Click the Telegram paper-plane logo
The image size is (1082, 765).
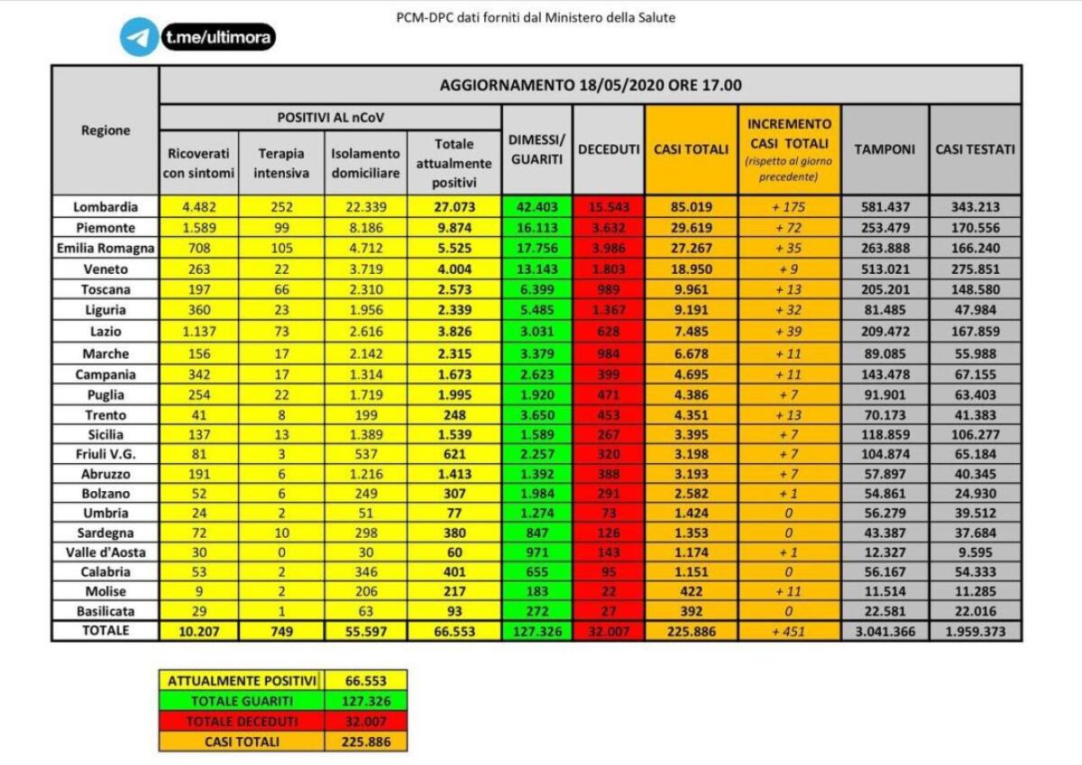(139, 37)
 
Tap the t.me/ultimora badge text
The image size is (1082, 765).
(219, 37)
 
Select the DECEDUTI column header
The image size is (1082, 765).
(609, 150)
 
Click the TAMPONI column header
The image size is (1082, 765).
(884, 150)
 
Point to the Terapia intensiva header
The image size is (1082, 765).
(280, 163)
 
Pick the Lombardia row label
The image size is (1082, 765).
(105, 206)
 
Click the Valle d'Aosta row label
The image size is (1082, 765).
(105, 551)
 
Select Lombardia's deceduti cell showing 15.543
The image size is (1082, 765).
(609, 206)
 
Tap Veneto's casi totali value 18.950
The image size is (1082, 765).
(691, 269)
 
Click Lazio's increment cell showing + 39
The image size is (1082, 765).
(789, 332)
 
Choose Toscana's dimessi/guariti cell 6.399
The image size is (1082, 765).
(536, 289)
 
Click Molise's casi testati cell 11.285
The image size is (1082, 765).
(975, 592)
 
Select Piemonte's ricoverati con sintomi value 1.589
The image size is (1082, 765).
(198, 228)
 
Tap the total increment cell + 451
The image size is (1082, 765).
(789, 632)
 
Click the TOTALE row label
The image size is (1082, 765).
(105, 631)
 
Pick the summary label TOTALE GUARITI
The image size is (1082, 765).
(241, 701)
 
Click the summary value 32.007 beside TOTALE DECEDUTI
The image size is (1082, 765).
(366, 722)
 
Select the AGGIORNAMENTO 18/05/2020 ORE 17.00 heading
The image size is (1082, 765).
(591, 86)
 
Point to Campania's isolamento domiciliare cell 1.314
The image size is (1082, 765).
(365, 374)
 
